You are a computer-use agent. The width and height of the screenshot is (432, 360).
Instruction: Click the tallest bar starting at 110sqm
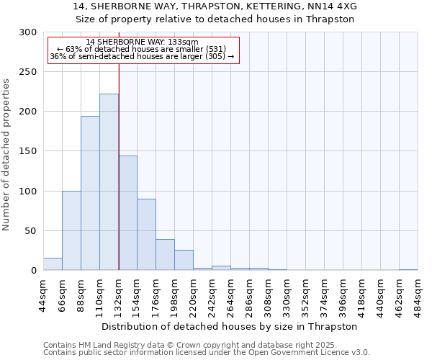coord(109,182)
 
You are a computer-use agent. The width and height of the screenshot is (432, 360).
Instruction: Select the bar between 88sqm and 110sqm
coord(90,193)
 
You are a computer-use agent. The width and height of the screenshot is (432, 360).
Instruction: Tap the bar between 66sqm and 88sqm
coord(71,230)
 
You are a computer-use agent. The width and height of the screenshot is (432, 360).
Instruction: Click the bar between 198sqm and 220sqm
coord(184,260)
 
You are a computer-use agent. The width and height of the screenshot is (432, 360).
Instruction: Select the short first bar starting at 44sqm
coord(53,264)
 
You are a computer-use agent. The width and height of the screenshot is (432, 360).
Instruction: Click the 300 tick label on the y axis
coord(29,32)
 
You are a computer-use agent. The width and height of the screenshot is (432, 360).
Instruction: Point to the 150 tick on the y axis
coord(29,152)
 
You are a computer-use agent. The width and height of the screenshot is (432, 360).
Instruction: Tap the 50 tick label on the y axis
coord(32,231)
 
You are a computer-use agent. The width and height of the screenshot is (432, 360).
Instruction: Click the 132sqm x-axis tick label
coord(119,294)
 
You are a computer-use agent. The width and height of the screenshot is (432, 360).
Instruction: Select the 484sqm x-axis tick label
coord(418,294)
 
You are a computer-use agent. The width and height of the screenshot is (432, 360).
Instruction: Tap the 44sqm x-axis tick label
coord(44,294)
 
